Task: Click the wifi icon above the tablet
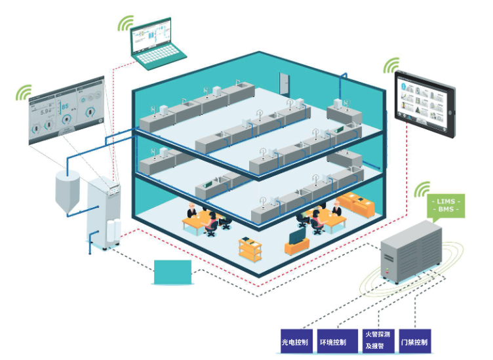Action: (x=391, y=66)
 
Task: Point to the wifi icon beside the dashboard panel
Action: (x=24, y=92)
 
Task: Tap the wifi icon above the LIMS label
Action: (x=422, y=187)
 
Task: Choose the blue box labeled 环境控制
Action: (x=334, y=342)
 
